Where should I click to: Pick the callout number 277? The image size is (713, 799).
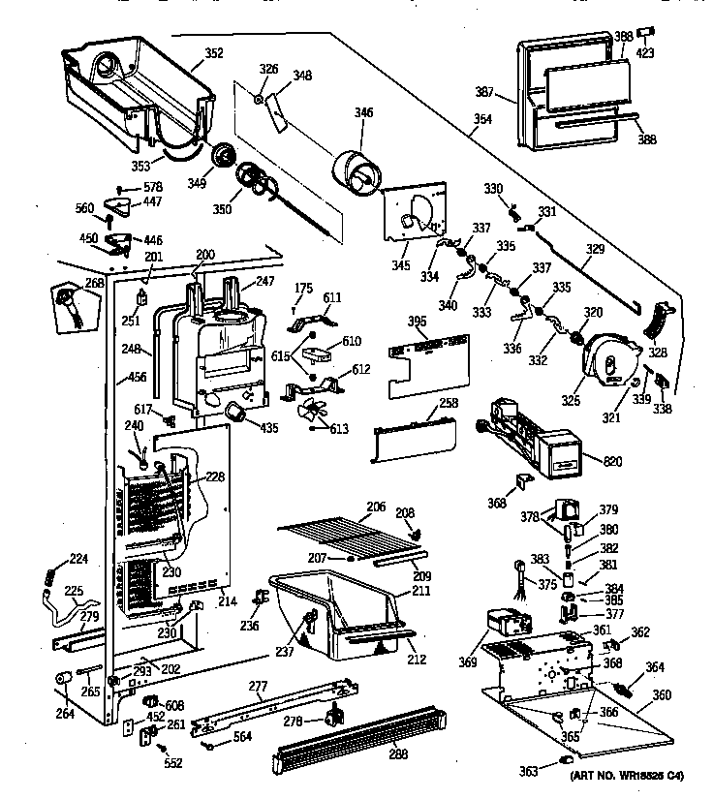point(258,687)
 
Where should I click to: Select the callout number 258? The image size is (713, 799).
point(448,402)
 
